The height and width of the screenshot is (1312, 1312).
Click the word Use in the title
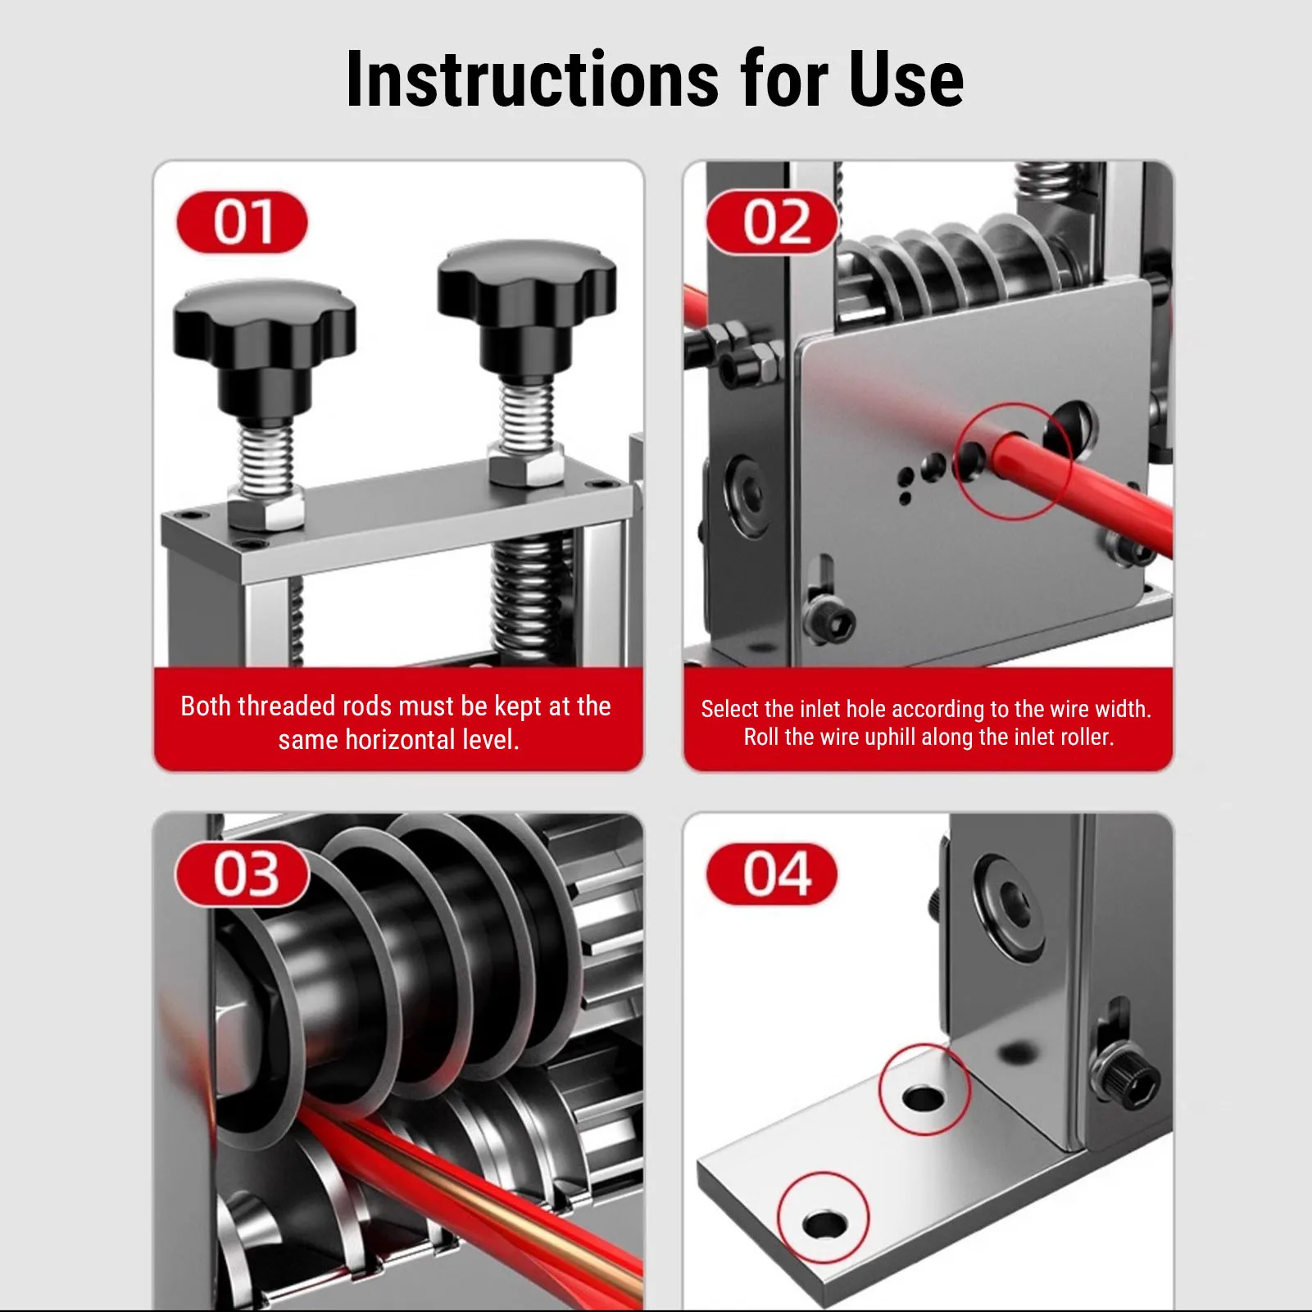click(906, 79)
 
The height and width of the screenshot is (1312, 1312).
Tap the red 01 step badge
click(242, 222)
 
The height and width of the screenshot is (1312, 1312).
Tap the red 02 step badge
click(772, 222)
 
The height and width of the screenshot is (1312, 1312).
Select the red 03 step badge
click(243, 874)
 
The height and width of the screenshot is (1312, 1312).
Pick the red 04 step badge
click(772, 874)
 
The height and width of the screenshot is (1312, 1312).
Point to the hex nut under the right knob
click(526, 464)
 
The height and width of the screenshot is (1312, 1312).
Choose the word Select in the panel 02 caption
click(729, 709)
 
